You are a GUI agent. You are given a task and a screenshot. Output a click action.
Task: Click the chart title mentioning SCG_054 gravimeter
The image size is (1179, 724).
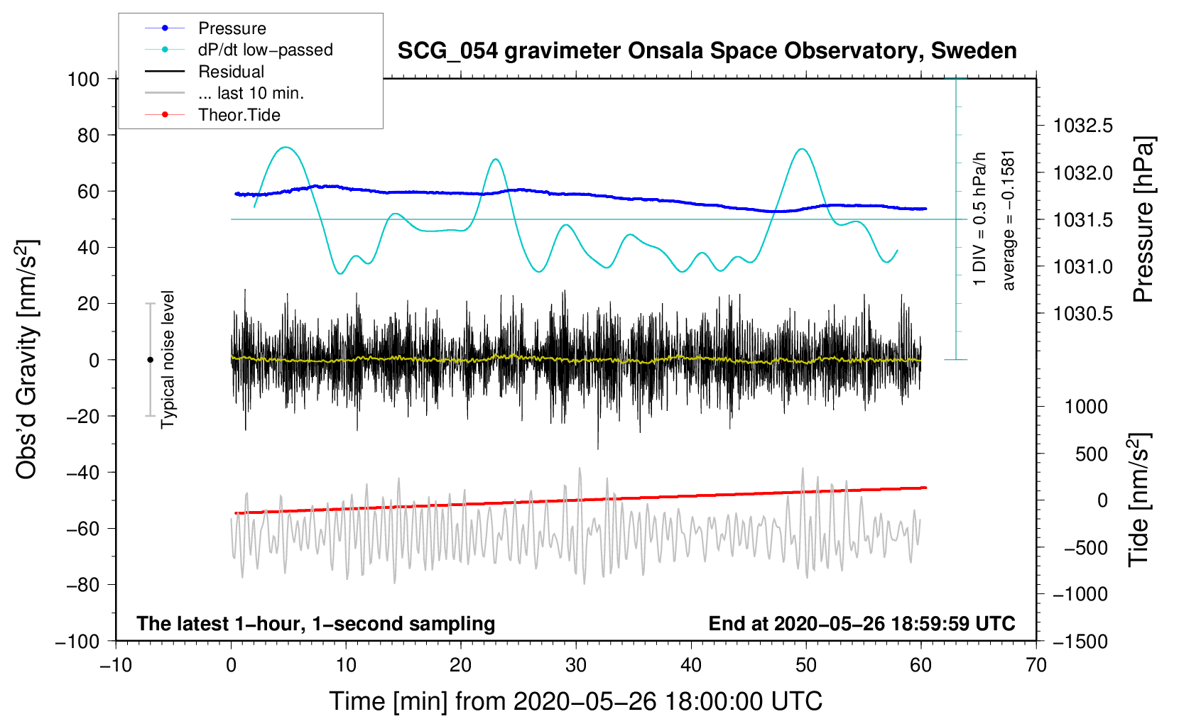click(x=707, y=51)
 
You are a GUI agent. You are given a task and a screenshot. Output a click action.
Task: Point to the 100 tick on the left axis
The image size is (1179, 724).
click(x=84, y=79)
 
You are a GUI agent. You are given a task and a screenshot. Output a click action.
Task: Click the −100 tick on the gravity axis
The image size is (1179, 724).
click(x=77, y=642)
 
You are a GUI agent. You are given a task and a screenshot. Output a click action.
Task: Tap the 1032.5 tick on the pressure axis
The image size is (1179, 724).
click(x=1083, y=126)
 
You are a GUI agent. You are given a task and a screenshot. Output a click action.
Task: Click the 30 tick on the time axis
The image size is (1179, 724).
click(x=576, y=666)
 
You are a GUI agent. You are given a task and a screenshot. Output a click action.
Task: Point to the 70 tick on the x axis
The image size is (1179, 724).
click(x=1036, y=666)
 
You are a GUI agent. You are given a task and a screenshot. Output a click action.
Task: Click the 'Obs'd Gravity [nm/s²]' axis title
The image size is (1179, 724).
click(x=26, y=359)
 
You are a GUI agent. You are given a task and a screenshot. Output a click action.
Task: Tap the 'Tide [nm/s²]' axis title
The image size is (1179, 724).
click(x=1139, y=500)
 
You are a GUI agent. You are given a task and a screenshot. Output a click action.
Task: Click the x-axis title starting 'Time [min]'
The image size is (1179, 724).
click(x=576, y=701)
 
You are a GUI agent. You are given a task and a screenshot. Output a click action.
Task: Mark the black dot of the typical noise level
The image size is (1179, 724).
click(x=150, y=360)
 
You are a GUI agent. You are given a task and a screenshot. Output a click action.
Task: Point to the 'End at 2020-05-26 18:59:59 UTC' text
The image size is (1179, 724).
click(x=862, y=623)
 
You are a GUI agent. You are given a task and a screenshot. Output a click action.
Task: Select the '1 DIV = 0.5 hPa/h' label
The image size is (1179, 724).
click(x=979, y=219)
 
